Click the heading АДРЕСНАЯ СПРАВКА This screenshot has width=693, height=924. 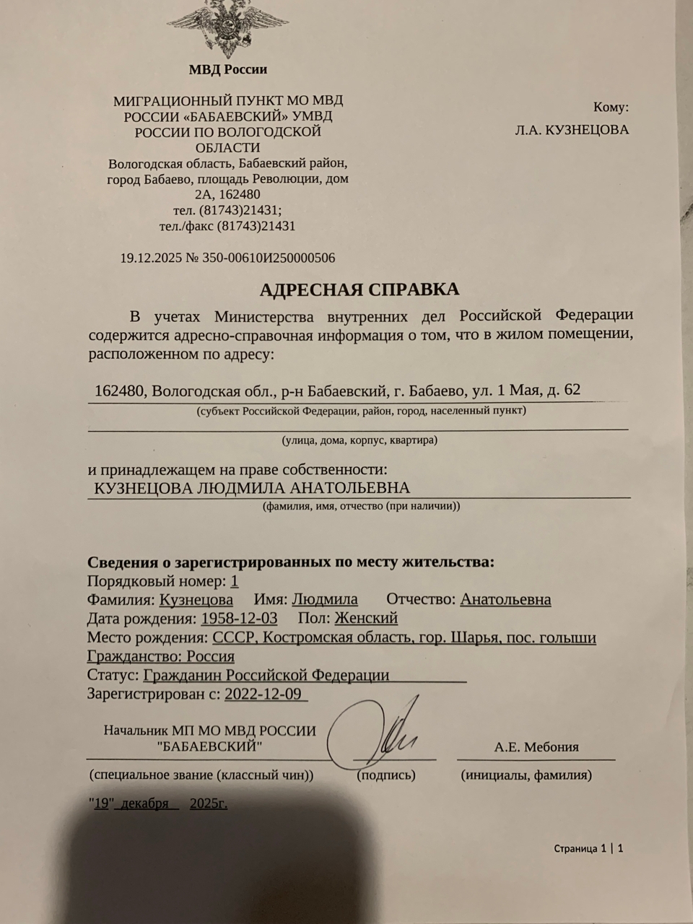point(359,289)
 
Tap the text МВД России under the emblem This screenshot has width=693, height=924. point(227,70)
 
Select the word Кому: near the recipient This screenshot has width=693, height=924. point(611,108)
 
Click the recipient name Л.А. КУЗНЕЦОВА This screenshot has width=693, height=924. point(572,130)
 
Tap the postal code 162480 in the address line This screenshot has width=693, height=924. point(121,391)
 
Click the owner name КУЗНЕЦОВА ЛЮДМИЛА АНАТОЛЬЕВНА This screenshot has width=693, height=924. point(252,488)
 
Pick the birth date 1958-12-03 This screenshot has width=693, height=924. point(239,619)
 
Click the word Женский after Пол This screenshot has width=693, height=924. point(366,619)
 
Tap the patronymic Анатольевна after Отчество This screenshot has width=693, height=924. point(505,599)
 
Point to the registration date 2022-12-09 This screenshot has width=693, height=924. point(263,694)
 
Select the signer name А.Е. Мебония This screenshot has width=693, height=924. point(536,747)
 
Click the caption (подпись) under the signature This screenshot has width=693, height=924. point(386,775)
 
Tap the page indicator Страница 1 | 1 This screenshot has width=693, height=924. point(588,848)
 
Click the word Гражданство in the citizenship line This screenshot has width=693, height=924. point(133,657)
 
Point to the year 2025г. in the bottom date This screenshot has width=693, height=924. point(209,803)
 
